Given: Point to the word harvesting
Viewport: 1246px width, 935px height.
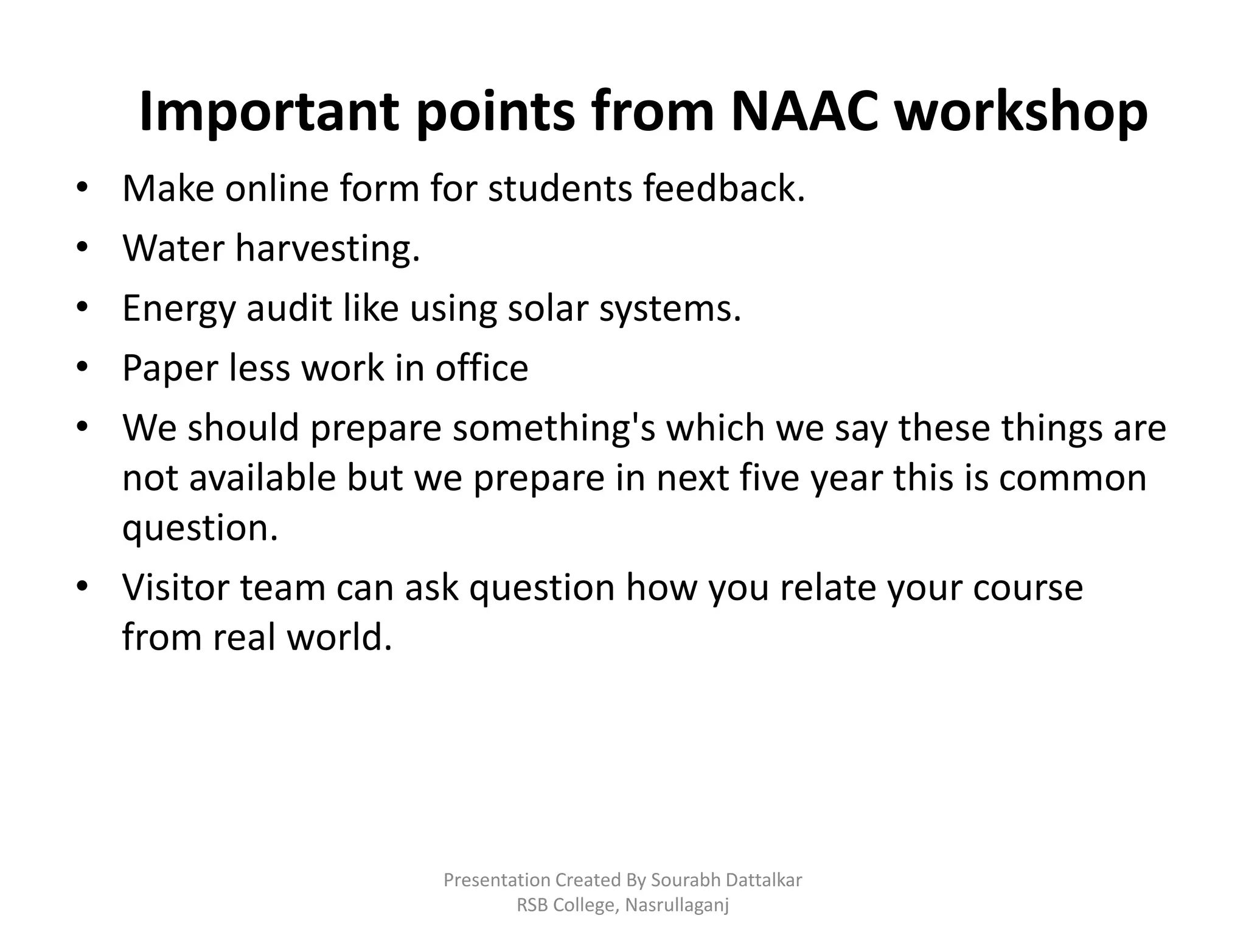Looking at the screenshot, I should click(x=327, y=250).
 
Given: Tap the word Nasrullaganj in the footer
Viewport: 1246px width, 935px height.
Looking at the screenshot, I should click(x=677, y=906).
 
